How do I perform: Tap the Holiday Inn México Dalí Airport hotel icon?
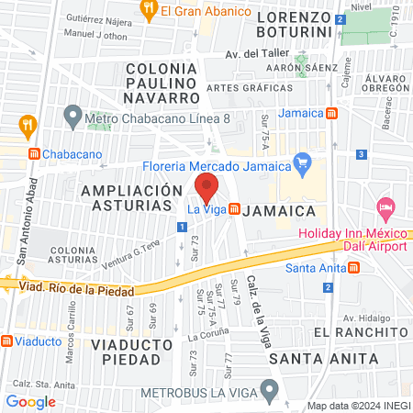point(385,209)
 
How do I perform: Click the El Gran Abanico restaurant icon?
point(149,11)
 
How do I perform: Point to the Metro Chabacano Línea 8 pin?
point(73,117)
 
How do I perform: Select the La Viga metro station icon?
point(235,209)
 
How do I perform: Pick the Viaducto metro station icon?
point(7,340)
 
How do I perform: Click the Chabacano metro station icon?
point(33,154)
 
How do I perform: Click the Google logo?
point(30,401)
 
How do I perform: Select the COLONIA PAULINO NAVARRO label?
point(162,83)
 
